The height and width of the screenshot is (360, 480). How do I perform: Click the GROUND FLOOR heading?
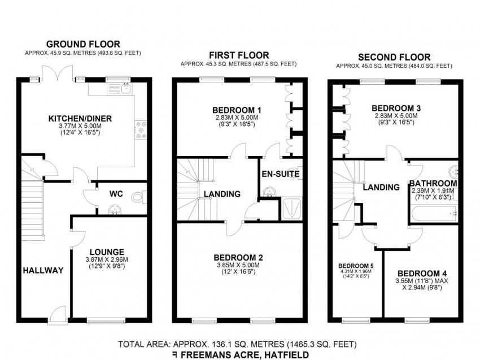[x=83, y=44]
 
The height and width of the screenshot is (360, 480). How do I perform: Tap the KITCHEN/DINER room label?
[x=80, y=119]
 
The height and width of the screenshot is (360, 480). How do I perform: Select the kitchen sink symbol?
[x=126, y=88]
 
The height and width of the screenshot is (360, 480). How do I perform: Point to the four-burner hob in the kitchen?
[x=141, y=130]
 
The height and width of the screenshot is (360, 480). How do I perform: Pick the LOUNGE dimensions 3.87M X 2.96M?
[x=107, y=259]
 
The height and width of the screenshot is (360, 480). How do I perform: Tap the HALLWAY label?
[x=43, y=270]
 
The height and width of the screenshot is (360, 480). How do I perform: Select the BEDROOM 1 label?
[x=237, y=110]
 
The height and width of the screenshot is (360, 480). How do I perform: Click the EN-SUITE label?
[x=281, y=174]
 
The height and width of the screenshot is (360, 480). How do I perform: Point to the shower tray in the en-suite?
[x=292, y=209]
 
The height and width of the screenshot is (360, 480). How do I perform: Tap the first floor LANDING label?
[x=222, y=194]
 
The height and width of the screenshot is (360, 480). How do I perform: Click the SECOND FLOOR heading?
[x=394, y=57]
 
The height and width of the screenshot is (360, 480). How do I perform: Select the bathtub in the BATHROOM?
[x=434, y=213]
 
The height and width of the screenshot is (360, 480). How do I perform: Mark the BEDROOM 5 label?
[x=356, y=266]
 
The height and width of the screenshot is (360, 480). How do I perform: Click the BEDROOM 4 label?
[x=422, y=274]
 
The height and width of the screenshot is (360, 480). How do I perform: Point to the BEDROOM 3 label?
[x=396, y=108]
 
